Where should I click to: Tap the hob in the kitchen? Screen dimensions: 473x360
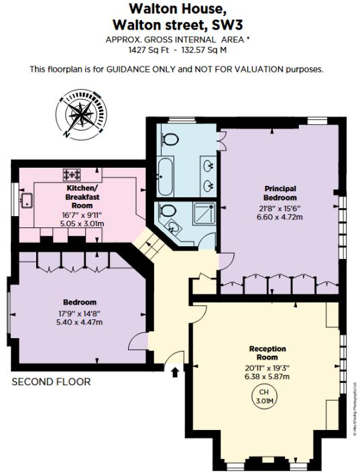point(72,174)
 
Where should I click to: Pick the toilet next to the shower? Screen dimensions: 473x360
point(167,209)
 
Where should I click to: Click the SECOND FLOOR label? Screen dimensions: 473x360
point(51,382)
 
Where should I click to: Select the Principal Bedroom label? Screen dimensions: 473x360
point(280,193)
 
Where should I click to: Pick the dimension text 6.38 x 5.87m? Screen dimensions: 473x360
point(267,376)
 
